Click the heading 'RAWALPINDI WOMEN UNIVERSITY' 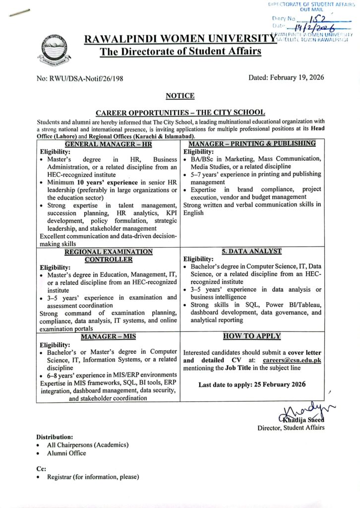point(180,39)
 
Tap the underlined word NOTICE point(180,96)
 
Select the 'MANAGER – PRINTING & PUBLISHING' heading point(252,143)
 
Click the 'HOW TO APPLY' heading point(252,336)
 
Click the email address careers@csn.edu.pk point(293,360)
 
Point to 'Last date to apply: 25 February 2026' point(252,384)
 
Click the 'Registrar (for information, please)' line point(93,477)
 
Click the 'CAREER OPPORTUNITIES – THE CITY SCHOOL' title point(180,113)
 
